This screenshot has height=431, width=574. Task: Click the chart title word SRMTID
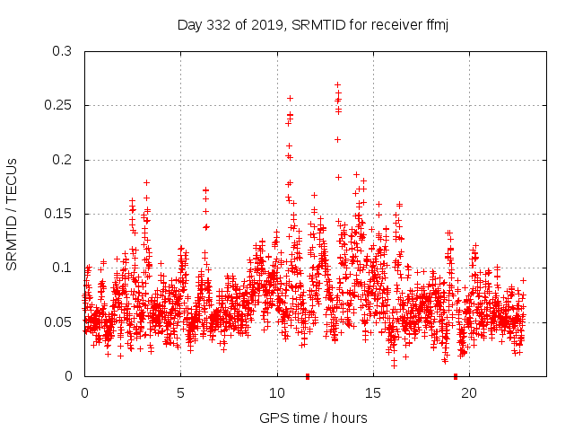click(x=313, y=25)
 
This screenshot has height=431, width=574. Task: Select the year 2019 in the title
click(x=265, y=25)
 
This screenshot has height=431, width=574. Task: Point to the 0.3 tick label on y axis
click(x=62, y=51)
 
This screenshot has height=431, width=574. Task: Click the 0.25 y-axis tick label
click(x=58, y=105)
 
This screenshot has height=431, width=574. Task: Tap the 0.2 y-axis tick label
click(x=62, y=160)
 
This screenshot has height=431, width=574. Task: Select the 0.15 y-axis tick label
click(x=58, y=214)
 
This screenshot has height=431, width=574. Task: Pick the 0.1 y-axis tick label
click(x=62, y=268)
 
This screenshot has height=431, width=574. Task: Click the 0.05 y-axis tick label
click(x=58, y=321)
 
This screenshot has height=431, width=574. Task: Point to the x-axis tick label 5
click(x=180, y=393)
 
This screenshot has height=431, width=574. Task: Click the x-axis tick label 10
click(x=276, y=393)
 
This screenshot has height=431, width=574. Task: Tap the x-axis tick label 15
click(x=372, y=393)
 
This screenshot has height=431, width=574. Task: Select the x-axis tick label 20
click(x=468, y=393)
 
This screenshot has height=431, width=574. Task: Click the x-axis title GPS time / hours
click(x=313, y=418)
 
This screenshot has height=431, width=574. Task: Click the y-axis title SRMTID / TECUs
click(x=13, y=214)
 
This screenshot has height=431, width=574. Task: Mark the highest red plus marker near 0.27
click(x=337, y=84)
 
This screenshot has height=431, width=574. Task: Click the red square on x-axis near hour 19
click(x=456, y=376)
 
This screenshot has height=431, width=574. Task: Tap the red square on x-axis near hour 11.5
click(x=308, y=376)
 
